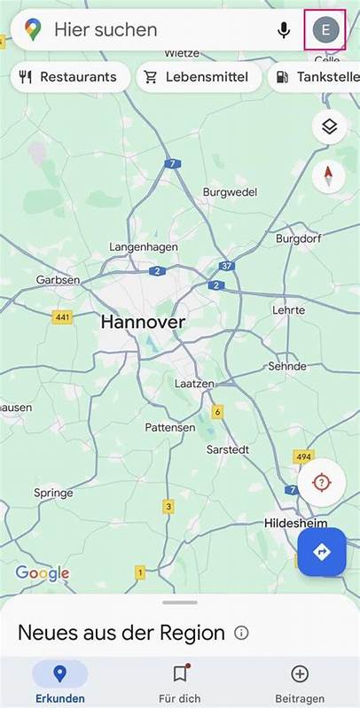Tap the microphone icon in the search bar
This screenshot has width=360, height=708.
coord(284,30)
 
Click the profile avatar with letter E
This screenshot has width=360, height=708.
coord(325,30)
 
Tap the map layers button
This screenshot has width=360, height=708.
coord(329,127)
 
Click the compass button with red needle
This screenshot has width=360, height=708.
coord(329,175)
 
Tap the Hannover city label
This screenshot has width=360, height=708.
coord(143,323)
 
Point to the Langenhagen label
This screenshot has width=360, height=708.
coord(144,246)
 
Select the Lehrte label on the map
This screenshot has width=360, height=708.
coord(289,310)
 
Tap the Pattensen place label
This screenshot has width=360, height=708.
coord(170,427)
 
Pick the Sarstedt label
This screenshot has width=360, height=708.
coord(227,449)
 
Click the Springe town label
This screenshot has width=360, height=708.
coord(53,493)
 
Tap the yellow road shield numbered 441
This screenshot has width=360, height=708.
coord(63,317)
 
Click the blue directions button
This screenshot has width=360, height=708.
coord(321,552)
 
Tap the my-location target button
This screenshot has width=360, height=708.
coord(321,483)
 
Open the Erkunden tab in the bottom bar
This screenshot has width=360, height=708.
coord(59,682)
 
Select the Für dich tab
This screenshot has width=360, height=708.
coord(180,682)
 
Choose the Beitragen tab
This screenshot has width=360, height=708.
coord(300,682)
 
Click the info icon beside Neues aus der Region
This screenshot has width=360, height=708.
coord(241,633)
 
